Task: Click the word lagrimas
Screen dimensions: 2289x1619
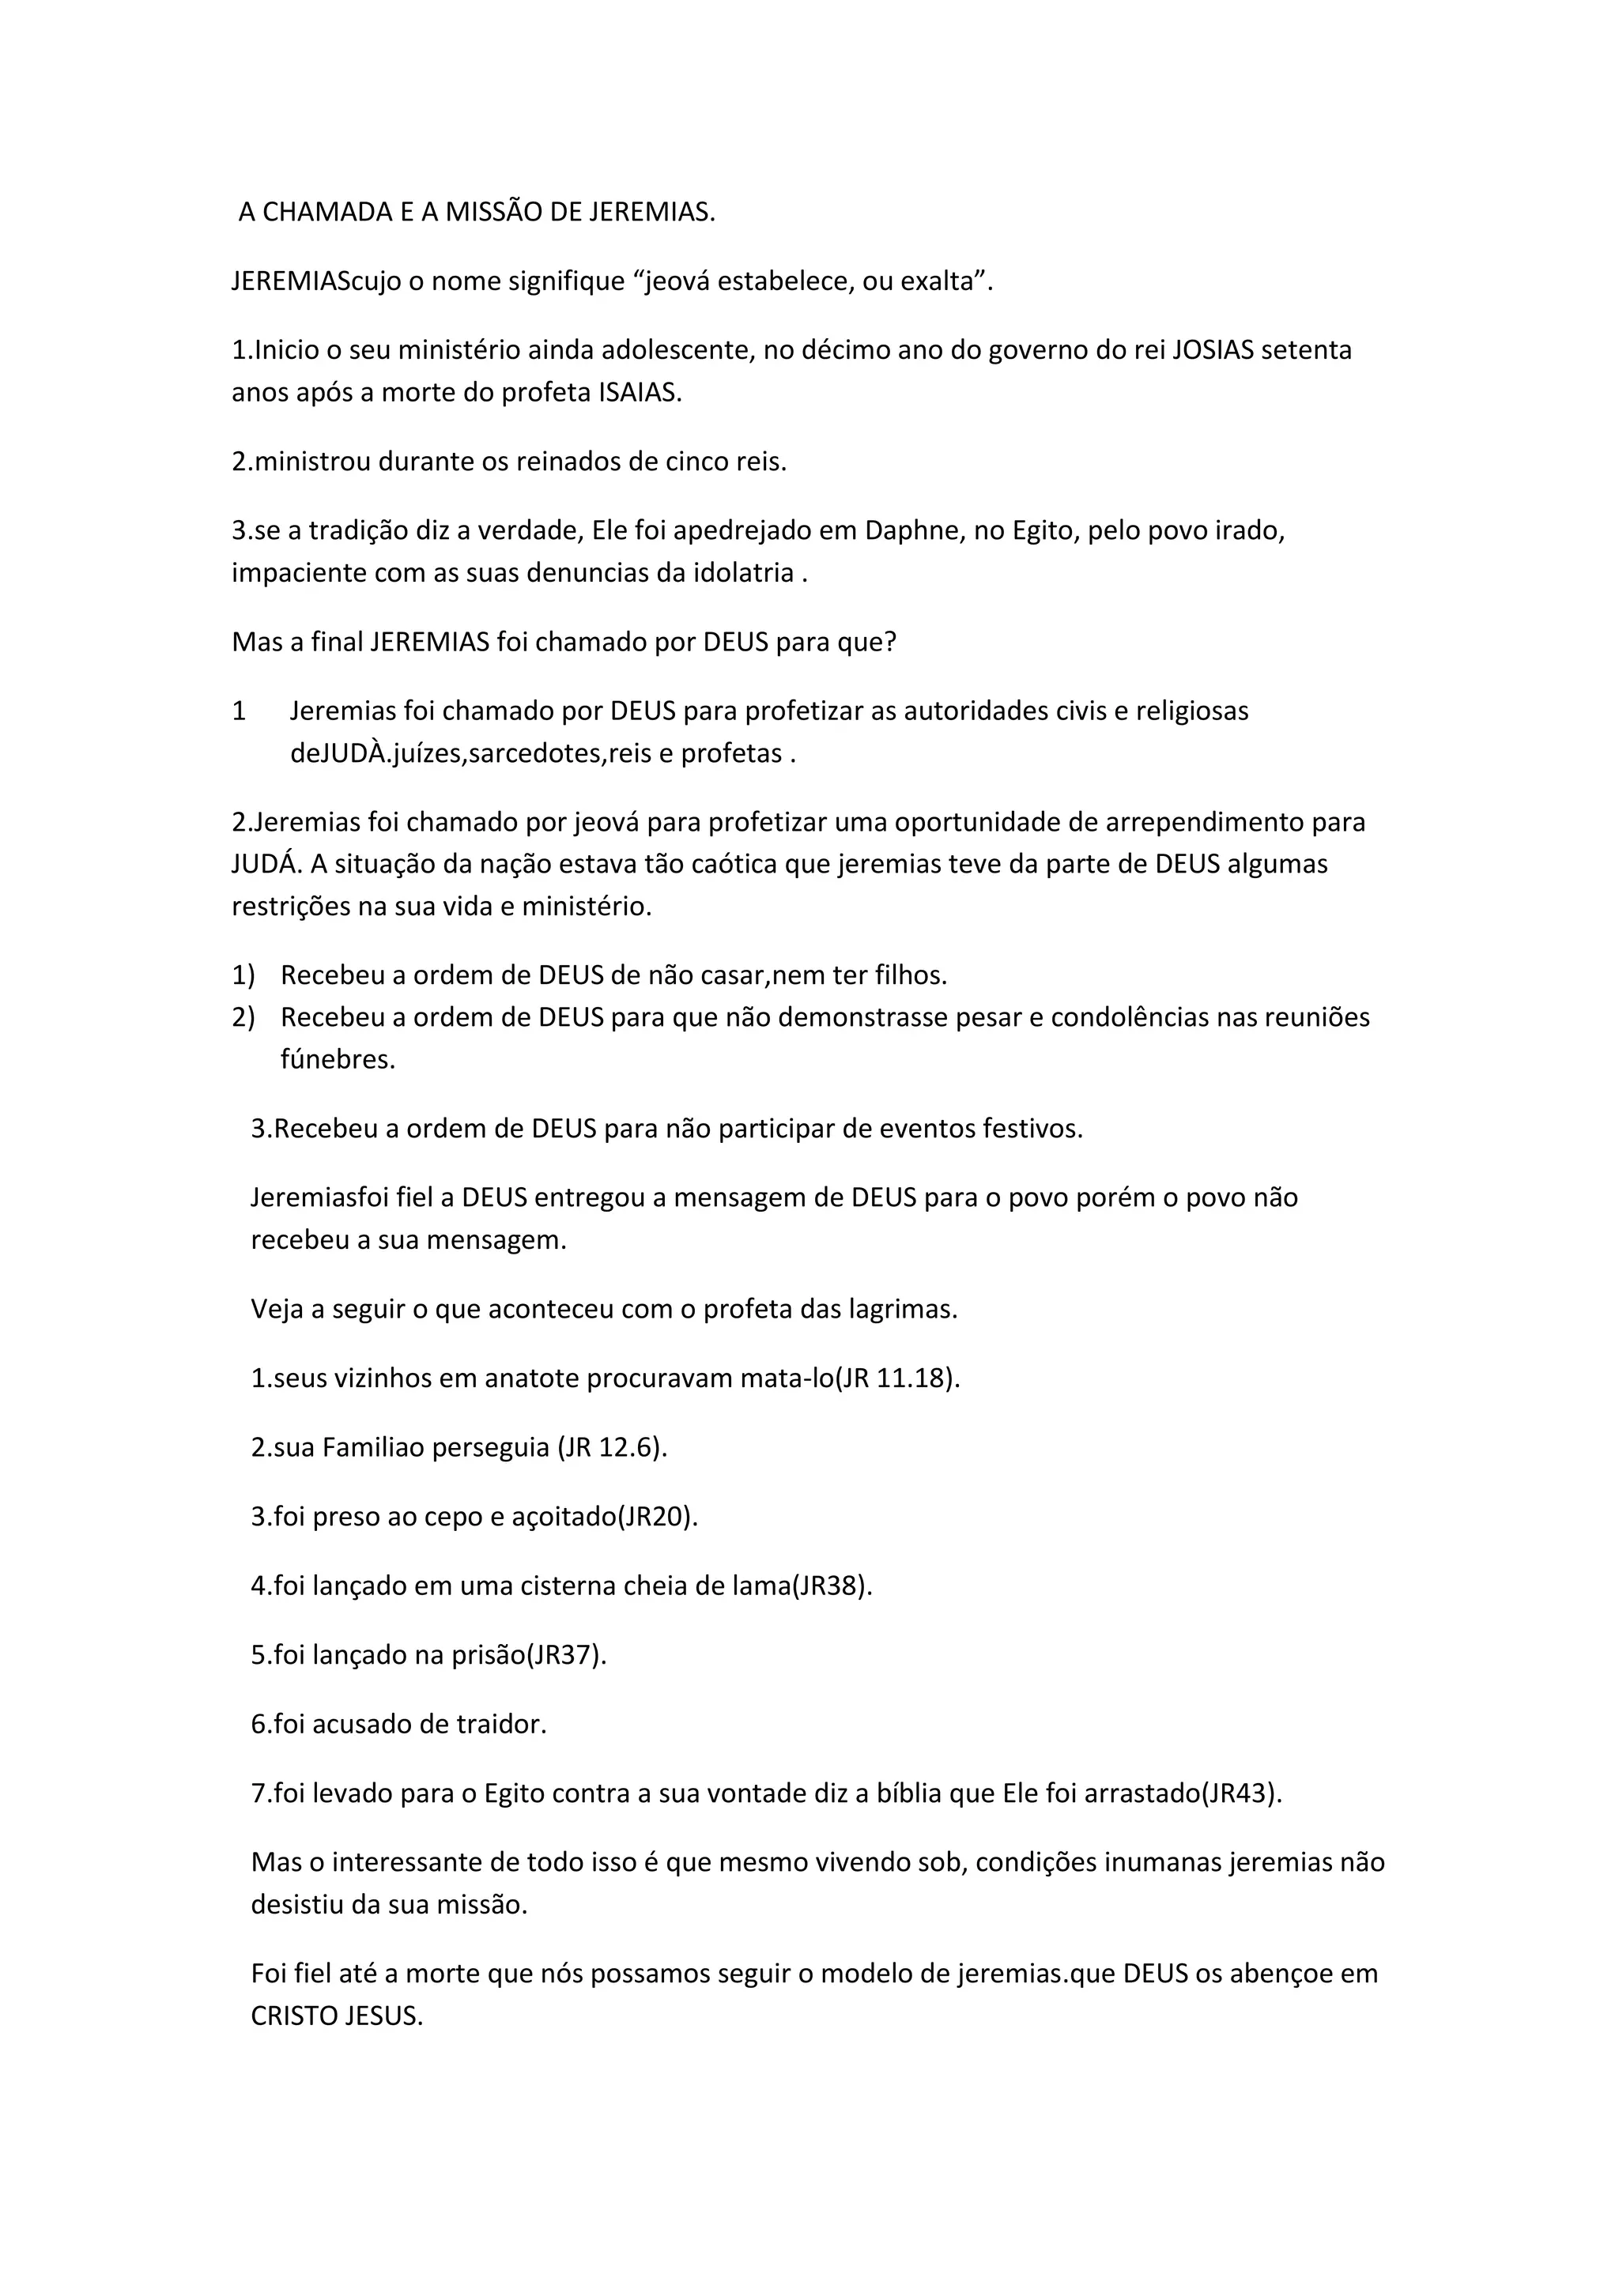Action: tap(901, 1309)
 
